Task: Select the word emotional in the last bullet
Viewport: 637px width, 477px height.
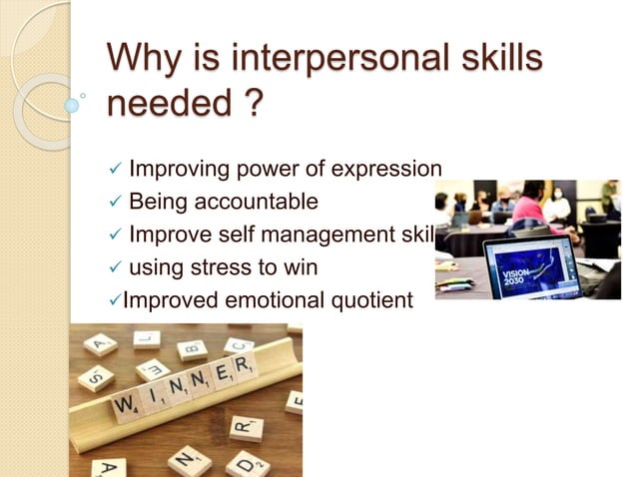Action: point(260,299)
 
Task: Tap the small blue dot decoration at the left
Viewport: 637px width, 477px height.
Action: point(72,104)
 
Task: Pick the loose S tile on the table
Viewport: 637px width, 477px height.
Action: point(94,377)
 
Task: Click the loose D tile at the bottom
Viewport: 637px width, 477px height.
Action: point(246,463)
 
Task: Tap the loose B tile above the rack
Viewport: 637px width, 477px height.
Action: point(191,349)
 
